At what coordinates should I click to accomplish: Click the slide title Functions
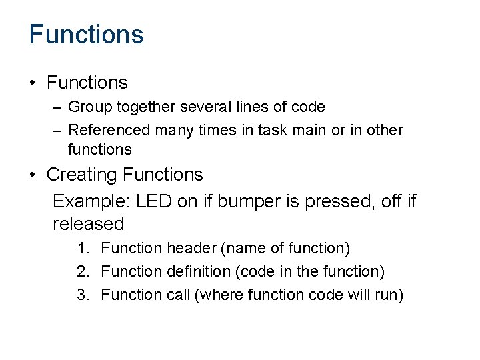tap(86, 34)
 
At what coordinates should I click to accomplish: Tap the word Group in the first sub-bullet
tap(87, 107)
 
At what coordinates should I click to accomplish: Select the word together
tap(135, 107)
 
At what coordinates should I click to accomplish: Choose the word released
tap(88, 223)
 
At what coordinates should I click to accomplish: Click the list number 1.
tap(82, 249)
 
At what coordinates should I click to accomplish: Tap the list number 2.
tap(82, 272)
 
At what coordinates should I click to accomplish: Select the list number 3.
tap(82, 295)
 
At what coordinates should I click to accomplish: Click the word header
tap(191, 249)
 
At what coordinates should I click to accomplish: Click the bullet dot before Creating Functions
tap(33, 175)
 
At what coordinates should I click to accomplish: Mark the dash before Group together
tap(57, 107)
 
